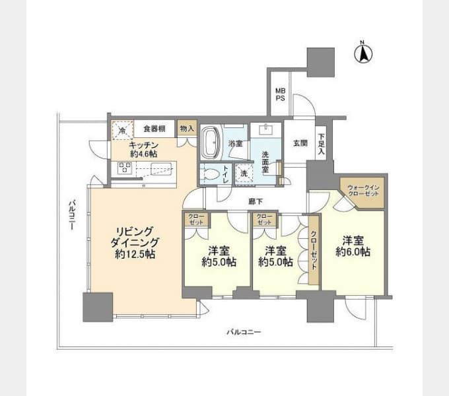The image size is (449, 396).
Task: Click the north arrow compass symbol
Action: (x=362, y=52)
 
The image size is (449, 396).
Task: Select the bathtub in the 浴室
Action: (x=213, y=140)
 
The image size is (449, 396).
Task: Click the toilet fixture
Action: (x=211, y=173)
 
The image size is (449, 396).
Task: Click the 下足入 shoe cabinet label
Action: (x=321, y=144)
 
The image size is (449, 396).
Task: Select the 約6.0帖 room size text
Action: (x=352, y=251)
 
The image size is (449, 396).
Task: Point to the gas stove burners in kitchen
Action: (x=125, y=168)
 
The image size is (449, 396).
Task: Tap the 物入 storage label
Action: (x=187, y=129)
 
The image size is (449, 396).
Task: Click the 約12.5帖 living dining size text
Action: (x=135, y=254)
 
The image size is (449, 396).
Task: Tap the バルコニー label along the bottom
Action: (x=242, y=332)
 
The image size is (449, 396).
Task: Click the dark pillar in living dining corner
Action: (x=98, y=306)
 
